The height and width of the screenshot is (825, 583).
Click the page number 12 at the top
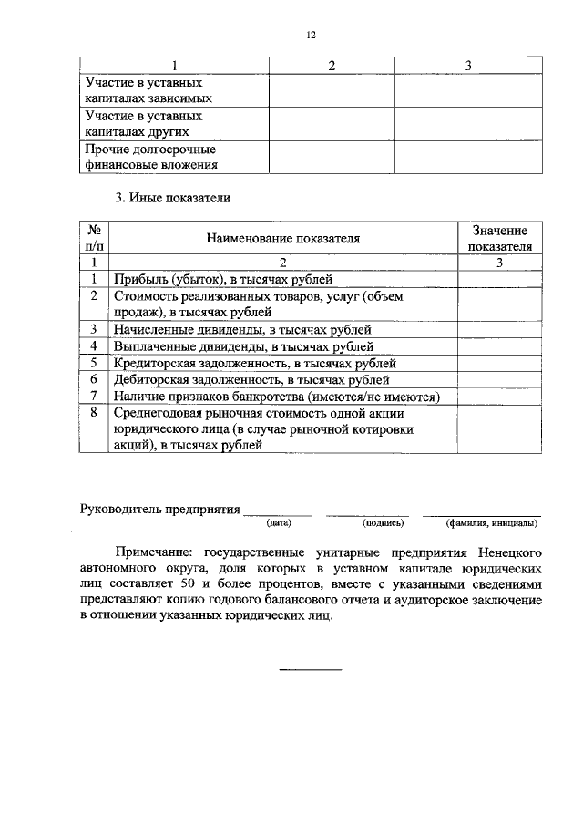point(311,35)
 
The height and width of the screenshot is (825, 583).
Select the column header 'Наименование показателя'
point(282,239)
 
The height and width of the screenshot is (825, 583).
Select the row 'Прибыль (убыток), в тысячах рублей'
point(223,279)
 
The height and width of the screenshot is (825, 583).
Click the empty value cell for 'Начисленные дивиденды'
point(498,329)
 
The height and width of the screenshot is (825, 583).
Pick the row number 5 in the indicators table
point(94,363)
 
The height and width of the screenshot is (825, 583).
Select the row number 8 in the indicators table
point(94,413)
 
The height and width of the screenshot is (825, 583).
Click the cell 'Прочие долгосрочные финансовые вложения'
point(151,157)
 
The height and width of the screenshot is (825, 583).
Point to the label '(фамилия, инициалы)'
point(491,523)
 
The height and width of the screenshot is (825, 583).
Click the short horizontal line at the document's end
point(310,670)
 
